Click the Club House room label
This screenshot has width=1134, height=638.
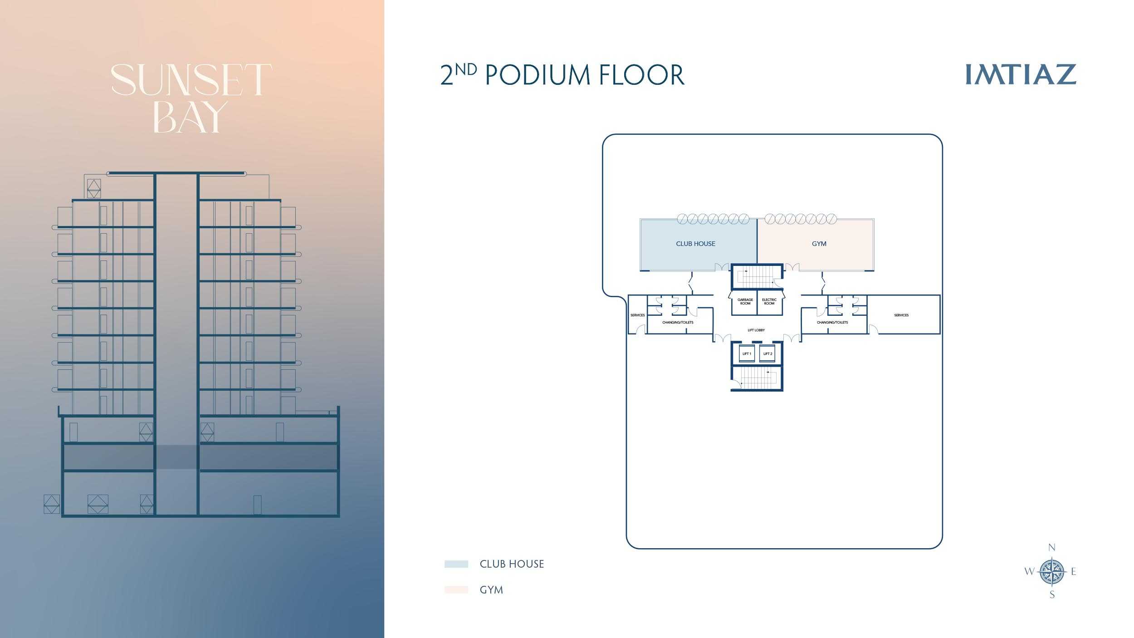point(695,244)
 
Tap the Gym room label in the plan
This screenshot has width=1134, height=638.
point(819,244)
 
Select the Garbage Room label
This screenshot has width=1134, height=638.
point(745,301)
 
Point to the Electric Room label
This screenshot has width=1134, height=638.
point(769,301)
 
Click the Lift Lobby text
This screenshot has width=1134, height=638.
point(756,330)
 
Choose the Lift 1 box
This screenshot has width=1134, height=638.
point(747,354)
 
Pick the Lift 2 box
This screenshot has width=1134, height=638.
point(767,354)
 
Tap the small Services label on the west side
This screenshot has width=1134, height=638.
point(637,315)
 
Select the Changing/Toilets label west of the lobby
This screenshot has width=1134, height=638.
point(678,323)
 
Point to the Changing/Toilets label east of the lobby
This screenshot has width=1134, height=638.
point(832,323)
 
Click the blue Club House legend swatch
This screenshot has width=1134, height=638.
point(456,564)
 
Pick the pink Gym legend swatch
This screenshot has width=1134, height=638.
point(456,590)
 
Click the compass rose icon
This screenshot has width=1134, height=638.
point(1052,571)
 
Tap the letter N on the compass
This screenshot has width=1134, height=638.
point(1052,548)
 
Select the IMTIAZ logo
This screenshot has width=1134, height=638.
point(1021,74)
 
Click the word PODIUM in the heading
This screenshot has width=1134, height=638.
point(538,75)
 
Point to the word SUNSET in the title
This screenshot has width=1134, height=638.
point(191,80)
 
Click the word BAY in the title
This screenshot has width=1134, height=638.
point(191,117)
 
